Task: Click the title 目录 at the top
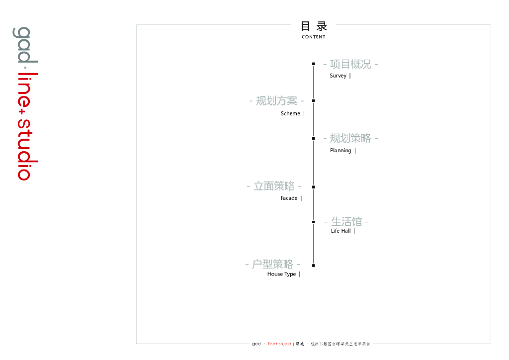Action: (x=314, y=26)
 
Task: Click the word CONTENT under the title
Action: (x=314, y=37)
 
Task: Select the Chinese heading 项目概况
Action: (x=350, y=64)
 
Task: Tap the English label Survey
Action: (x=338, y=76)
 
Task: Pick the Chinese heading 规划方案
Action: (x=276, y=101)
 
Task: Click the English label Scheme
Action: (x=290, y=113)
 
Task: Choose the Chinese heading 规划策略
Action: (x=350, y=138)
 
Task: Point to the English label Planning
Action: (x=340, y=150)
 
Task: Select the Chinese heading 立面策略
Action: (x=274, y=186)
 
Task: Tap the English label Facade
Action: (x=289, y=198)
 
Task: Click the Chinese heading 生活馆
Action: (x=346, y=221)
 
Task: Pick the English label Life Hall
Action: (x=340, y=231)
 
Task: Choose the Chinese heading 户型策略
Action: (x=272, y=264)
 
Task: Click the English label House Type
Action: (x=281, y=274)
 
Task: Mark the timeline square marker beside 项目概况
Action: (x=314, y=64)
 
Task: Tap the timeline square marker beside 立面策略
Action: (x=314, y=187)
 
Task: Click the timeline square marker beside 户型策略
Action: (x=314, y=265)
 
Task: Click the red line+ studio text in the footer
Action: (x=279, y=344)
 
